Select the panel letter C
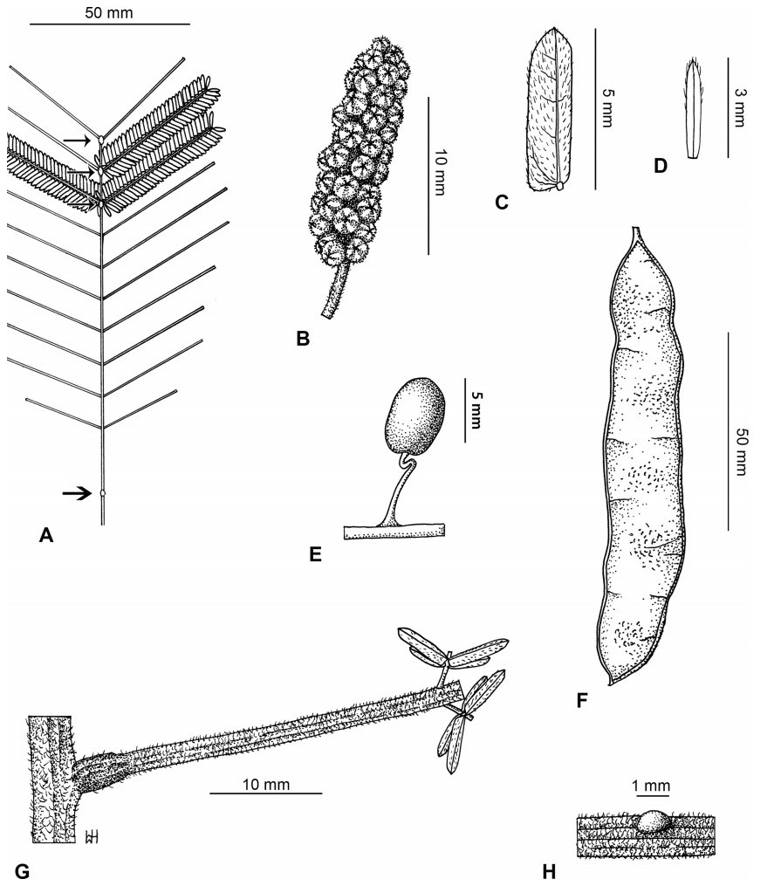click(x=501, y=203)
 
